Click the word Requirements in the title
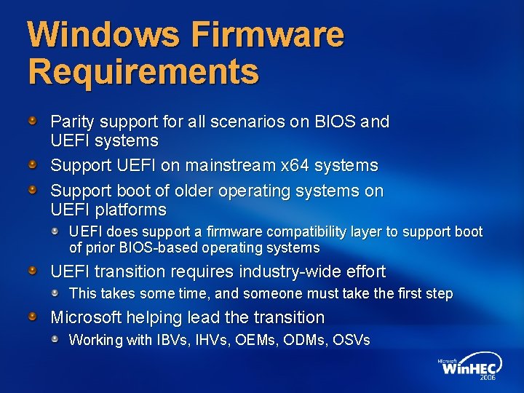click(143, 71)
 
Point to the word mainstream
click(231, 165)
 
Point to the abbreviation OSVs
click(352, 340)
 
